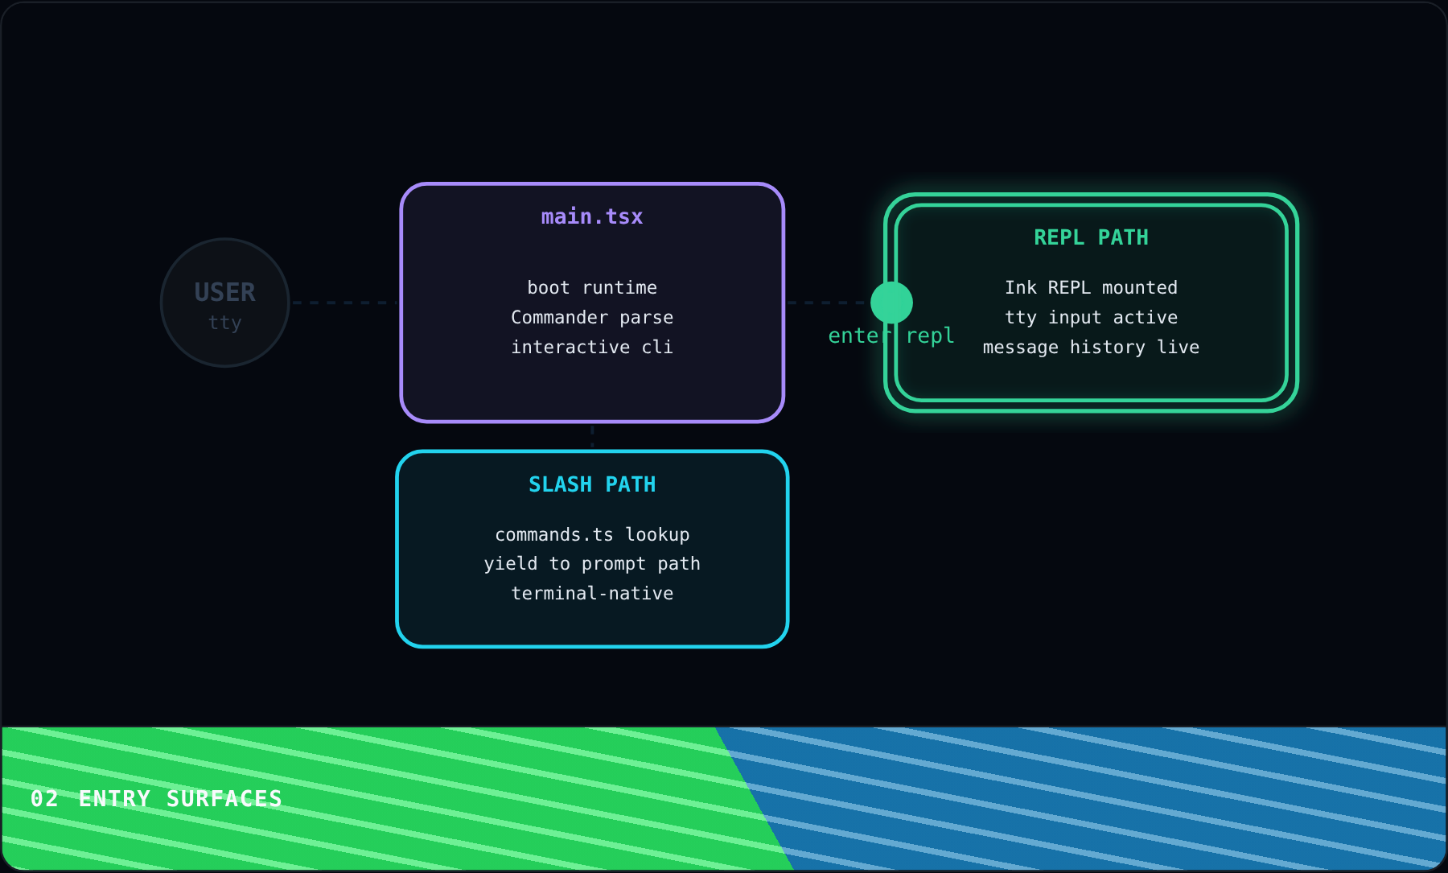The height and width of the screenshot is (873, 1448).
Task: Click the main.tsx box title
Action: tap(592, 217)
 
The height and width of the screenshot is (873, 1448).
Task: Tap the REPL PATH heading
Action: tap(1091, 238)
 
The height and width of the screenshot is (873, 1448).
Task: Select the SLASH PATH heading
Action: tap(592, 484)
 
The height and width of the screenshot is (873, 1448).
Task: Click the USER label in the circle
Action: tap(224, 292)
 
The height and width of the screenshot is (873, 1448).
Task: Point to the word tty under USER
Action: tap(224, 323)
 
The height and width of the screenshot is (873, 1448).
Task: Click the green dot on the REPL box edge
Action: tap(891, 303)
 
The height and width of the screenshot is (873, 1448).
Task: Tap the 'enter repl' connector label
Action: tap(891, 336)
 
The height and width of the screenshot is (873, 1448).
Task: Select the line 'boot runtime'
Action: tap(592, 287)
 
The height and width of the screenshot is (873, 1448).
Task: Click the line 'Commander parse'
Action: tap(592, 317)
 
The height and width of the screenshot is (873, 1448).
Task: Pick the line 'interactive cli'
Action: tap(592, 347)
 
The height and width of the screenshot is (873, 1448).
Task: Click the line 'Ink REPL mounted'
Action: tap(1091, 287)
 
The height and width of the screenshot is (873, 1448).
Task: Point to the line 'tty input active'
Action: tap(1091, 317)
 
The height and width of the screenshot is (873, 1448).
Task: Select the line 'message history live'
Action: tap(1091, 347)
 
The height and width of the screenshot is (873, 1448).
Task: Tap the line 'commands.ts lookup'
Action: tap(592, 534)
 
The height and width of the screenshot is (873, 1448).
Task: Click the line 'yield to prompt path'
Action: tap(592, 563)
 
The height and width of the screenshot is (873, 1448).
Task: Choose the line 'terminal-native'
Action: tap(592, 593)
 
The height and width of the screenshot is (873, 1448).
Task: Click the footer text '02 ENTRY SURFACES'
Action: tap(156, 798)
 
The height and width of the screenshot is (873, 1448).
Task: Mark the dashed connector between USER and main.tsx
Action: tap(344, 303)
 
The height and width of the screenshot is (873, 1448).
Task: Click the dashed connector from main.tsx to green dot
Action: tap(828, 303)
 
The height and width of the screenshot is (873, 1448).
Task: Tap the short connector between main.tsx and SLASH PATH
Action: tap(592, 436)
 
